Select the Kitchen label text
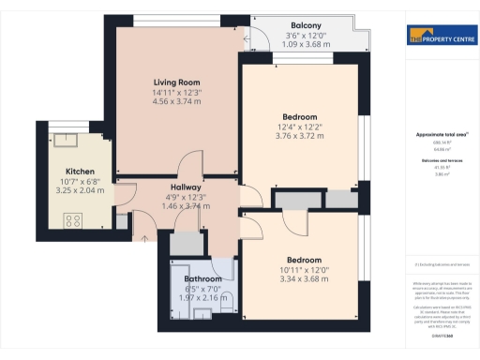(80, 172)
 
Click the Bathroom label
(202, 279)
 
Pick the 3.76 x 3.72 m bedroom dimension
(300, 136)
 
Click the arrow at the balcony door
(246, 39)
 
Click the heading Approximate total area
(442, 135)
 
